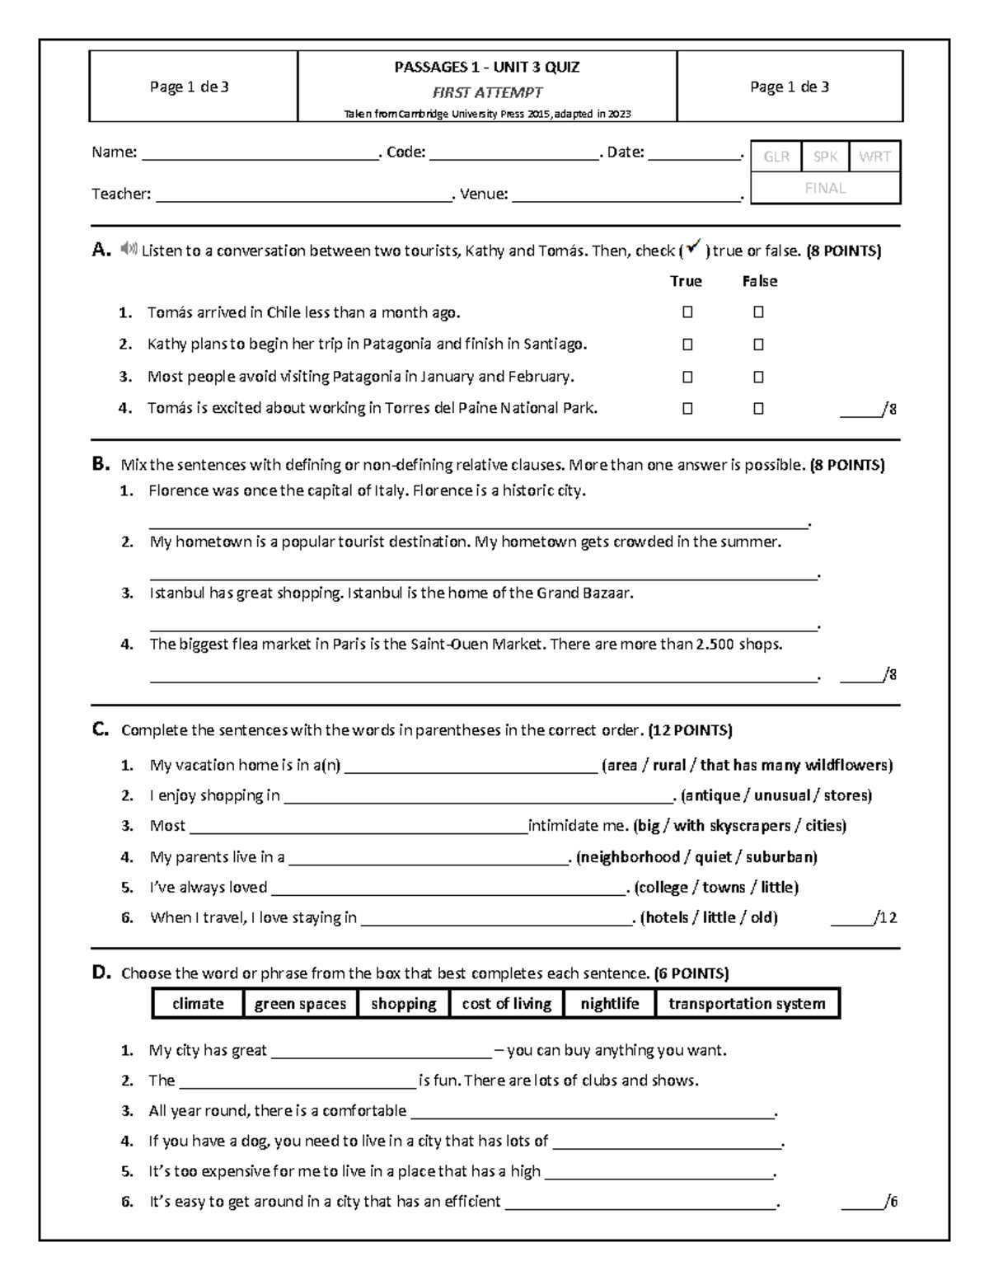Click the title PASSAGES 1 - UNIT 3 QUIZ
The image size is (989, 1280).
click(486, 68)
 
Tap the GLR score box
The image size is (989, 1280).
click(776, 157)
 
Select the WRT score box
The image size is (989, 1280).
click(874, 157)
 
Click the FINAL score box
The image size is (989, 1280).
click(825, 188)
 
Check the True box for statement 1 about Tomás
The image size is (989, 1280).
click(687, 312)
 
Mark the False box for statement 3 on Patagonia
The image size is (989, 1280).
click(758, 377)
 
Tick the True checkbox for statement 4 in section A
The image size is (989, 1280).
click(687, 408)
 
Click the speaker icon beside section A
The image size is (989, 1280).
click(128, 249)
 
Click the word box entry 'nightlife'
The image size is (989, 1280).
click(610, 1003)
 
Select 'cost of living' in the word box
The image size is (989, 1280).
click(506, 1003)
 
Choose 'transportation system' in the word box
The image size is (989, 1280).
click(747, 1003)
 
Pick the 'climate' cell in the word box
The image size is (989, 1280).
click(198, 1003)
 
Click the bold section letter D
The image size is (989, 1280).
click(101, 973)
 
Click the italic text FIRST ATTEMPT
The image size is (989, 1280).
click(487, 92)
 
